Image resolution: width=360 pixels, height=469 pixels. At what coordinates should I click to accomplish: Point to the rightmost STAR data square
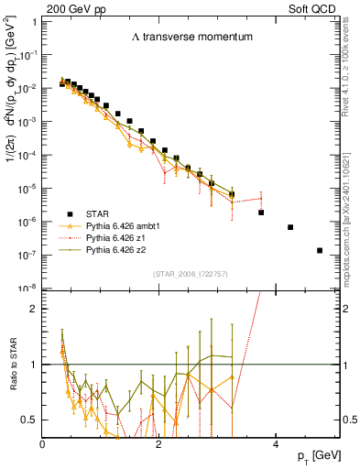tap(320, 250)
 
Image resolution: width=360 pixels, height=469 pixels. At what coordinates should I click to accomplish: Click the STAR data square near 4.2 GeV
tap(290, 227)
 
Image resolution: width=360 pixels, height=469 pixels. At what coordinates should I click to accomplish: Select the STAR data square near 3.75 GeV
tap(261, 213)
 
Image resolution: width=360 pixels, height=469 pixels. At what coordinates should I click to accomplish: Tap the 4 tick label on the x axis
tap(275, 442)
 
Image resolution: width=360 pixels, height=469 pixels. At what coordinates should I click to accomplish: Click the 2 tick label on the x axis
tap(158, 442)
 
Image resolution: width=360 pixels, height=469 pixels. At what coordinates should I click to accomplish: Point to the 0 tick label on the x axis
tap(43, 442)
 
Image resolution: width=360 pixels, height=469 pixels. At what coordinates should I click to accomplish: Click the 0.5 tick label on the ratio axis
tap(30, 419)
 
